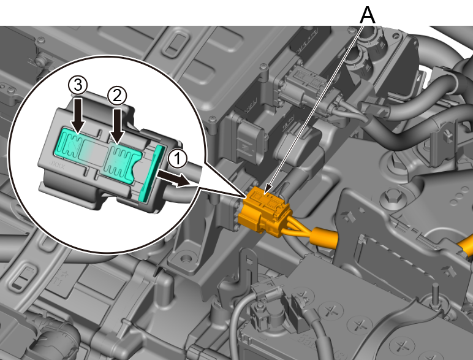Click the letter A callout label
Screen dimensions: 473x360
pos(368,15)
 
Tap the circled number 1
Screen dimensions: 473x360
pos(177,159)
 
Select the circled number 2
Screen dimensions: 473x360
pos(117,96)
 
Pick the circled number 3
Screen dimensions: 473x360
pos(78,85)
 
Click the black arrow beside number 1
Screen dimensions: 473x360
pos(173,179)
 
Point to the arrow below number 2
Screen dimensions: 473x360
pos(117,125)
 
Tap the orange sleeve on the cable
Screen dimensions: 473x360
pos(324,238)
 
